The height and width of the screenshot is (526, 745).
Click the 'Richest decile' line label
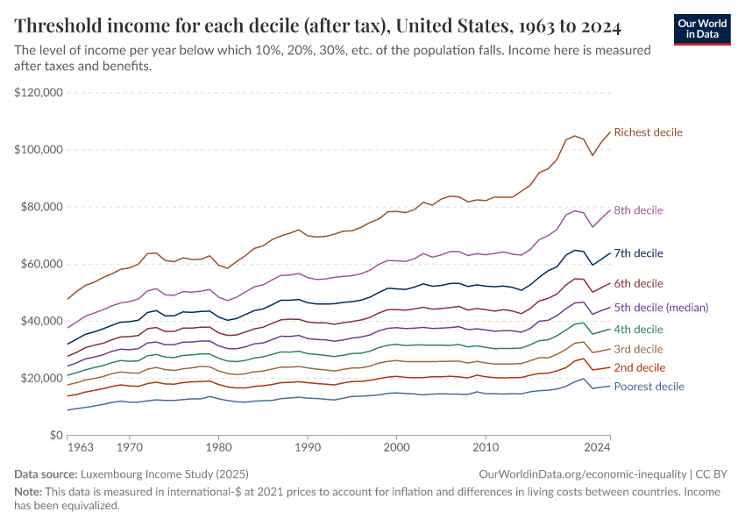point(648,132)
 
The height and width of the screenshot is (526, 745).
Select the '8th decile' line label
point(638,210)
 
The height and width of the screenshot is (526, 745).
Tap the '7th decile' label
point(638,253)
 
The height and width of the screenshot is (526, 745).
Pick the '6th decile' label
point(638,283)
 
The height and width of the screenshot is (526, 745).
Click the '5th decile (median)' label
point(661,308)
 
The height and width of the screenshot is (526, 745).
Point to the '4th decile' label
point(638,330)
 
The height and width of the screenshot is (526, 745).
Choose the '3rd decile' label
point(637,350)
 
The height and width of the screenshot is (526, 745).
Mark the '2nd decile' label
point(638,367)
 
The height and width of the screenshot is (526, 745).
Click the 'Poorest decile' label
point(649,387)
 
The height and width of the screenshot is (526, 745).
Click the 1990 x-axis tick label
point(307,448)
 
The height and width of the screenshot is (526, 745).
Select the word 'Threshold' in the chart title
point(63,25)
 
